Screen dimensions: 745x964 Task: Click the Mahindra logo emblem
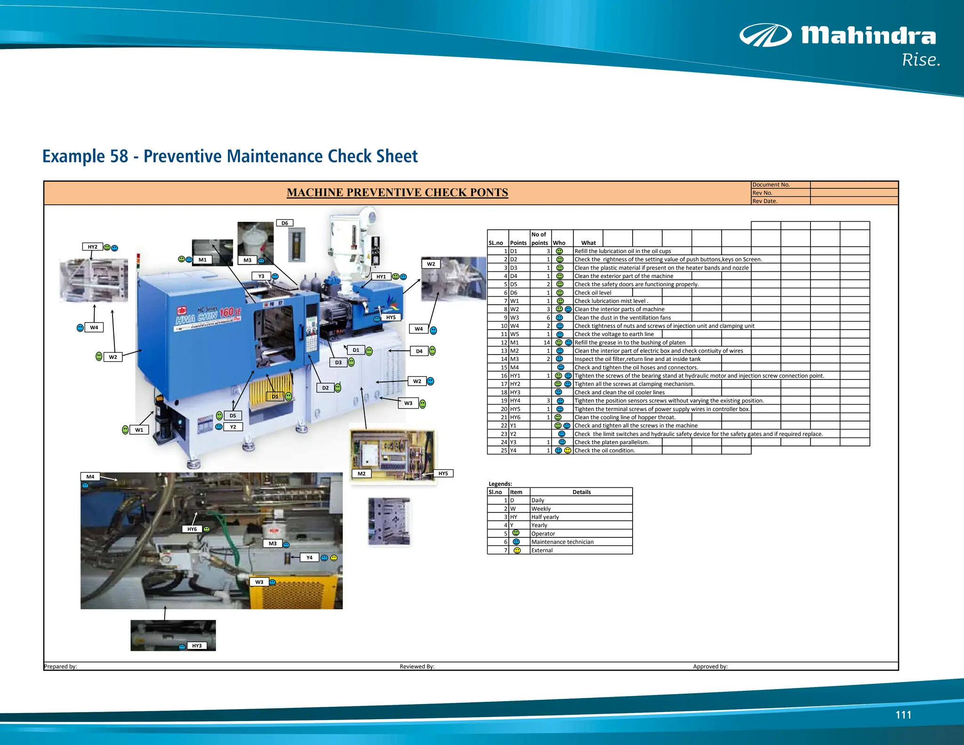765,35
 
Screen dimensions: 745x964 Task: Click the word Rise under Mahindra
921,60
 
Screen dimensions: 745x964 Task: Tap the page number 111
903,715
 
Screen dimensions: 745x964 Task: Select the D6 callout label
285,223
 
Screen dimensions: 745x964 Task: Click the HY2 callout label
93,247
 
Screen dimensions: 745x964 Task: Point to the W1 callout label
139,429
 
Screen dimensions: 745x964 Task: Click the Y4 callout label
309,558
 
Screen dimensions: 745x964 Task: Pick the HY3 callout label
197,646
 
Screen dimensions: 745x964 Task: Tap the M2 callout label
361,473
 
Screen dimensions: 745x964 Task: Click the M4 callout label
90,477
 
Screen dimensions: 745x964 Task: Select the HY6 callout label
192,529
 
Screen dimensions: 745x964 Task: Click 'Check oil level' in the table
593,293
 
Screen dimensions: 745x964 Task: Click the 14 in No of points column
546,343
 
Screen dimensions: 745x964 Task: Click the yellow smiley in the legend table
517,550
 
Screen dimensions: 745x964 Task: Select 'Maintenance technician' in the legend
562,542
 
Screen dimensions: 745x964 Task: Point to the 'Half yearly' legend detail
545,517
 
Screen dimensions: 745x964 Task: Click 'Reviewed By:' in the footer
417,666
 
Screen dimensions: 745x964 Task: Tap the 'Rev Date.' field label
764,201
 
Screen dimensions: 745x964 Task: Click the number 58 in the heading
119,156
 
